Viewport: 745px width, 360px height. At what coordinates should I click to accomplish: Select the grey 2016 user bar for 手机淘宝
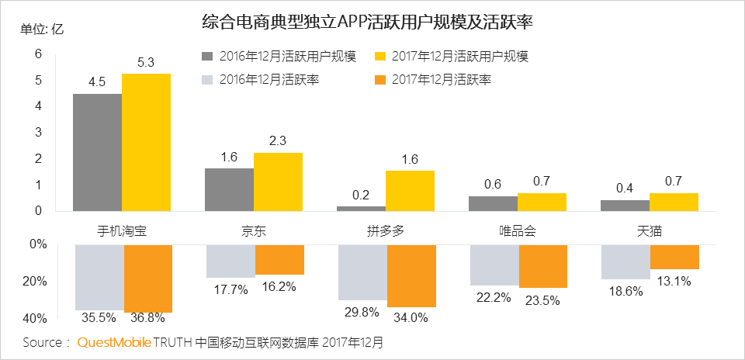97,152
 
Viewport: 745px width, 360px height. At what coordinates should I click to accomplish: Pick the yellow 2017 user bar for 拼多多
410,190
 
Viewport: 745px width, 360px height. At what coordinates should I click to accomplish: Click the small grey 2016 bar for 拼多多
362,208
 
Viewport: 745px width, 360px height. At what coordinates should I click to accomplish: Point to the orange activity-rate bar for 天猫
674,257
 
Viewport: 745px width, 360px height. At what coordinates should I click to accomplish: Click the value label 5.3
146,63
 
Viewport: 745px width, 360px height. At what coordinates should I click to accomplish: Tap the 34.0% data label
411,317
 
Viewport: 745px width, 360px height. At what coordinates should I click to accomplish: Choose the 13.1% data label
674,281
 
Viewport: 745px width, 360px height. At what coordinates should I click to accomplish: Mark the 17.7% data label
230,289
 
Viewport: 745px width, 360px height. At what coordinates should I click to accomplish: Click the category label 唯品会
518,231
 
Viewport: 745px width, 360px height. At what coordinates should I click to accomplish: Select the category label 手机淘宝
122,231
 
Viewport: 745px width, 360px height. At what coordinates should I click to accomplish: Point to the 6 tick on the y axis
38,54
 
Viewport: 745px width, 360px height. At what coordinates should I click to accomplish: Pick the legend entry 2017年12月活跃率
441,79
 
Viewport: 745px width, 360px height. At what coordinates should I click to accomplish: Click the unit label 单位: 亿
42,29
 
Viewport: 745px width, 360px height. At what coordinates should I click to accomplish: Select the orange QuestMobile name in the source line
114,341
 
